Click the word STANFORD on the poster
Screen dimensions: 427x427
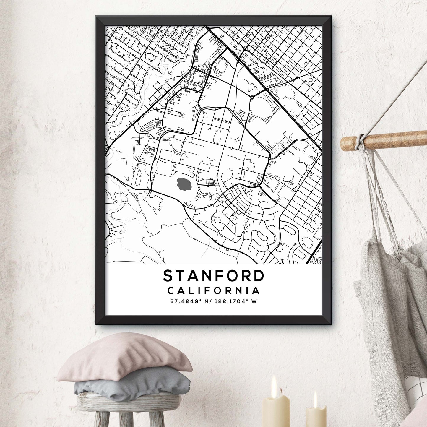tap(213, 276)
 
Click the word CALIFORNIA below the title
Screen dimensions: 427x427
tap(213, 291)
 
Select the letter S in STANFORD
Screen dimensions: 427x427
tap(168, 276)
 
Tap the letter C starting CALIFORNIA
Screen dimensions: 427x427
tap(171, 291)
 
